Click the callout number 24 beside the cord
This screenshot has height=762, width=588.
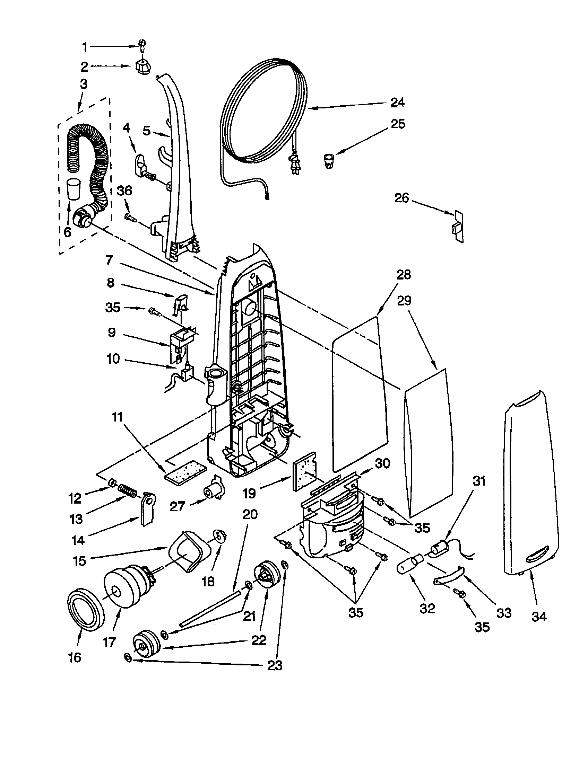(397, 103)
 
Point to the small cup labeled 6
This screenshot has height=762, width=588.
(74, 189)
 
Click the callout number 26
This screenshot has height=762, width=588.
(401, 198)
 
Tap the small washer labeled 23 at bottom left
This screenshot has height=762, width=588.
(128, 658)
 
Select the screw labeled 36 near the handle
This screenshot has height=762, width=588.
(129, 217)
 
